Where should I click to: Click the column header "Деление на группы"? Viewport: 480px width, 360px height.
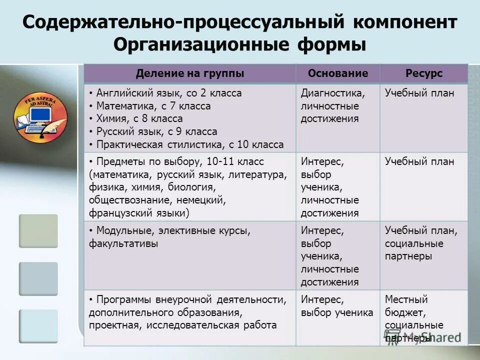190,73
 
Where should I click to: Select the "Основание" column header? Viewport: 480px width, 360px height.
338,73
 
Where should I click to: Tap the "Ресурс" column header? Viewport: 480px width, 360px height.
424,73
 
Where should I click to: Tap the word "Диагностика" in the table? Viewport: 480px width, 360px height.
332,93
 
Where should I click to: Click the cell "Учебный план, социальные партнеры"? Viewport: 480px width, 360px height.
421,243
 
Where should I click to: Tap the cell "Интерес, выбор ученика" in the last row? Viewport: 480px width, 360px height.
337,306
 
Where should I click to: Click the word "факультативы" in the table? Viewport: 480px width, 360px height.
123,244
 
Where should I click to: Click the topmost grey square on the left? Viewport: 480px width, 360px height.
38,230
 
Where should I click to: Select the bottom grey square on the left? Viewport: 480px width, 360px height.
38,325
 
